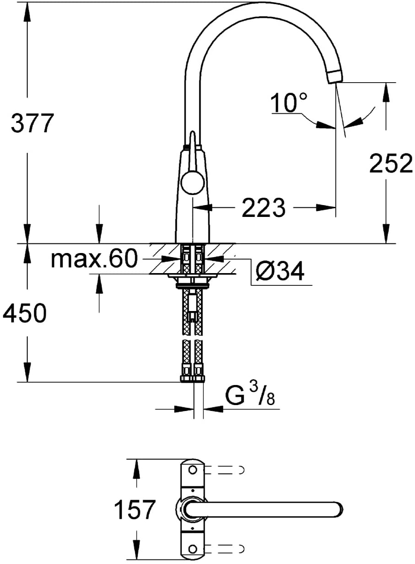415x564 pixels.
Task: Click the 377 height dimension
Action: click(32, 123)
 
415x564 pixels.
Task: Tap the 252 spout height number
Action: click(391, 163)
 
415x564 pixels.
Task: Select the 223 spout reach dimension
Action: click(264, 208)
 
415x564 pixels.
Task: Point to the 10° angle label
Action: click(289, 102)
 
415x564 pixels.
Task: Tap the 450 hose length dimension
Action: click(25, 313)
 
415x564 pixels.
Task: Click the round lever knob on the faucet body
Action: click(193, 182)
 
